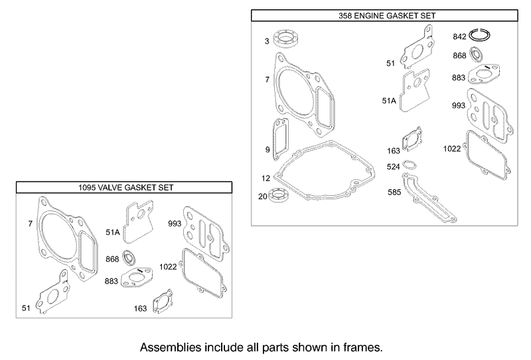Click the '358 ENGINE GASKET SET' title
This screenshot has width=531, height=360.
pyautogui.click(x=383, y=15)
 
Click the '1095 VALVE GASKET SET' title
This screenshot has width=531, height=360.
pyautogui.click(x=125, y=188)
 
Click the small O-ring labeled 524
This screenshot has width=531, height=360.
pyautogui.click(x=412, y=165)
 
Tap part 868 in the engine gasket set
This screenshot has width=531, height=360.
pyautogui.click(x=478, y=55)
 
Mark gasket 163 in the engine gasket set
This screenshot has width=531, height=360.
pyautogui.click(x=415, y=141)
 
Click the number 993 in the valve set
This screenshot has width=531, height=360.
pyautogui.click(x=175, y=223)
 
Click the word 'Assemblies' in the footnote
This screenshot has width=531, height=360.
pyautogui.click(x=169, y=347)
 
